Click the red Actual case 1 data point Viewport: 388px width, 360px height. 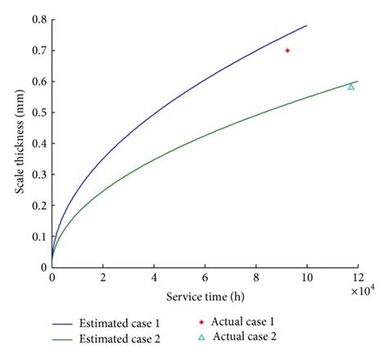pyautogui.click(x=287, y=51)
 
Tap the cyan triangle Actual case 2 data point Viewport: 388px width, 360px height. pyautogui.click(x=351, y=86)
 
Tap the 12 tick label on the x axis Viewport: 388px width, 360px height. pyautogui.click(x=358, y=278)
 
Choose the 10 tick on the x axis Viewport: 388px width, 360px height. pyautogui.click(x=307, y=278)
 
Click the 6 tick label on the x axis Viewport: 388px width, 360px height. pyautogui.click(x=205, y=278)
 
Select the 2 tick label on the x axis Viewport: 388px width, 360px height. pyautogui.click(x=103, y=278)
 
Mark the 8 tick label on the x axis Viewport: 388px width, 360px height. pyautogui.click(x=256, y=278)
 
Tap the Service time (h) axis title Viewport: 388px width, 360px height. pyautogui.click(x=205, y=295)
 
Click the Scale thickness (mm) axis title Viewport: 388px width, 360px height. pyautogui.click(x=17, y=143)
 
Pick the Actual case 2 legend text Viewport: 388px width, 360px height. pyautogui.click(x=248, y=336)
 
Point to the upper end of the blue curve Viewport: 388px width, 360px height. pyautogui.click(x=307, y=25)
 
